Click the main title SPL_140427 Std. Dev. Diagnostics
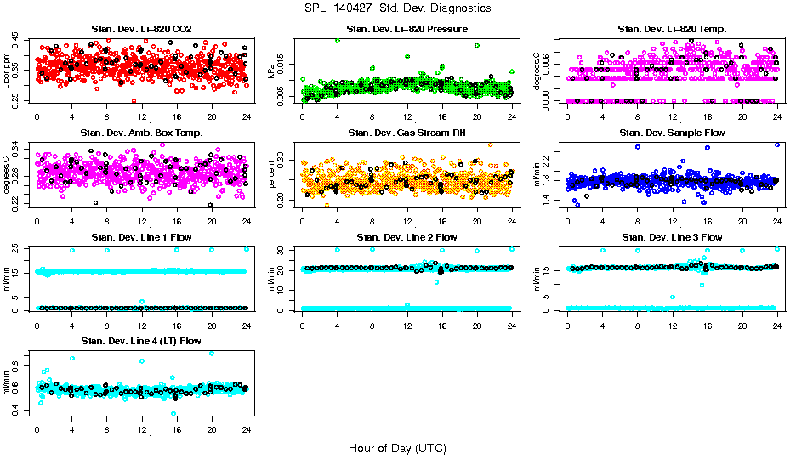pos(397,8)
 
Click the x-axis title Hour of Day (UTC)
pos(397,448)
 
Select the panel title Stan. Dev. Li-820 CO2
pos(141,30)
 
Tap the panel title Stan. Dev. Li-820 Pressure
pos(407,30)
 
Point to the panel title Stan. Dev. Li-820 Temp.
pos(672,30)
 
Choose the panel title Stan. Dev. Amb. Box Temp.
pos(141,133)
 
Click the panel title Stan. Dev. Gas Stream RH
pos(407,133)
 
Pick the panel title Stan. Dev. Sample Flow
pos(672,133)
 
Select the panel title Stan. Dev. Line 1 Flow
pos(141,237)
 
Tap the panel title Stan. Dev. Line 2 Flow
pos(407,237)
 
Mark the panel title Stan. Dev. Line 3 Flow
pos(672,237)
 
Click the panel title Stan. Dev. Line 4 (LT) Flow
pos(141,341)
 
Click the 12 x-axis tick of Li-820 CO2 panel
pos(142,117)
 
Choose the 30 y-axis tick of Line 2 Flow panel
pos(282,250)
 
